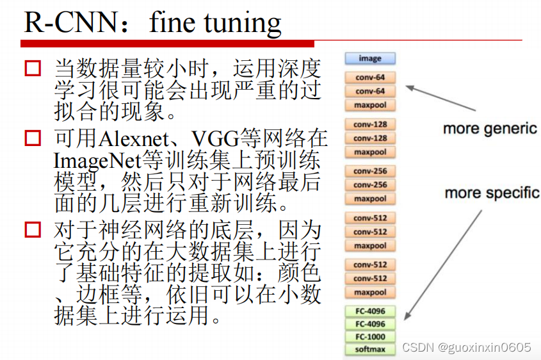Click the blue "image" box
click(370, 59)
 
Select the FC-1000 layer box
click(370, 337)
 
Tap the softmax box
click(370, 350)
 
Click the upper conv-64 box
click(370, 78)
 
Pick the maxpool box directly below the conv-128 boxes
click(370, 152)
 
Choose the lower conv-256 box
click(370, 185)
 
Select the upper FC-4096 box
click(370, 312)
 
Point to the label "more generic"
click(490, 129)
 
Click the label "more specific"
click(492, 193)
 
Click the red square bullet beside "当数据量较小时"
click(33, 68)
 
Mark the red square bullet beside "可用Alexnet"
click(33, 138)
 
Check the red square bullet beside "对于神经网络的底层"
click(33, 229)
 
